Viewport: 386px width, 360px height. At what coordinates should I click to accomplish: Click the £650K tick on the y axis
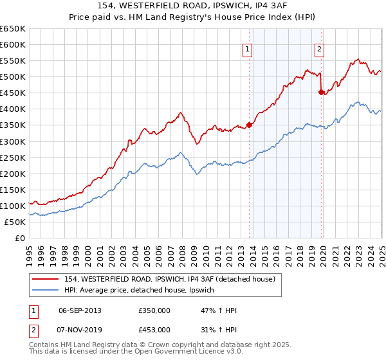pyautogui.click(x=13, y=29)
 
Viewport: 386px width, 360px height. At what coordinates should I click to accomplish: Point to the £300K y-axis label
pyautogui.click(x=13, y=141)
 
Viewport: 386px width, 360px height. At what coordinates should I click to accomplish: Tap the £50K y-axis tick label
pyautogui.click(x=15, y=222)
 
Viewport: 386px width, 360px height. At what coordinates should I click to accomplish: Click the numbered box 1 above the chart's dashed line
pyautogui.click(x=248, y=50)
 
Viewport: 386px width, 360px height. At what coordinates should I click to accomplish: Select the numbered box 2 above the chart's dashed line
pyautogui.click(x=319, y=50)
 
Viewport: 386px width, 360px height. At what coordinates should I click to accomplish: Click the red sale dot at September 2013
pyautogui.click(x=250, y=125)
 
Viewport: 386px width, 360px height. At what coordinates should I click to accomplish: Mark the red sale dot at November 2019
pyautogui.click(x=321, y=92)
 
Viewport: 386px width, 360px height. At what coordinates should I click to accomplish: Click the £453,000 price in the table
pyautogui.click(x=154, y=329)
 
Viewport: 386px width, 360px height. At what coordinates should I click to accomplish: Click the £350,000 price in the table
pyautogui.click(x=154, y=310)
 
